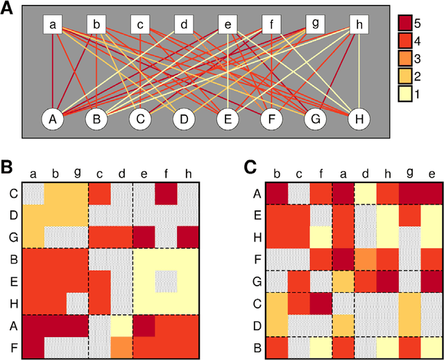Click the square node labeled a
[x=53, y=25]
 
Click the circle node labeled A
[x=53, y=119]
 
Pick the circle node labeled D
[x=184, y=119]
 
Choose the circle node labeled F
[x=271, y=119]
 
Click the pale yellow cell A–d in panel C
[x=366, y=195]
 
